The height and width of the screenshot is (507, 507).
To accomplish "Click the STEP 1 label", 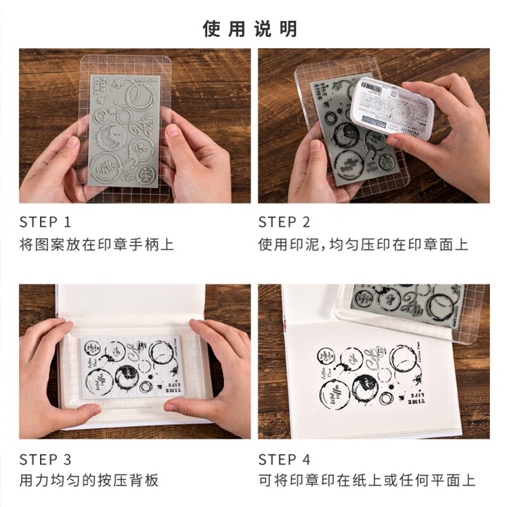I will (x=45, y=222).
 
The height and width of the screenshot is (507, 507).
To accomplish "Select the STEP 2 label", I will (x=284, y=222).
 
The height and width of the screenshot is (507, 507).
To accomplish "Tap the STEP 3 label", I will (x=45, y=459).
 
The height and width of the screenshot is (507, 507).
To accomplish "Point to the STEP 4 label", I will (x=285, y=459).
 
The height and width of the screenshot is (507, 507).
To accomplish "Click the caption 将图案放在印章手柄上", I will (x=96, y=244).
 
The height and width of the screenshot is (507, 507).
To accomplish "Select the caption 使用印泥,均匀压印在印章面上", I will (x=363, y=244).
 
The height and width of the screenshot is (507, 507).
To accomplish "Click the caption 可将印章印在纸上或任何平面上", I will (x=366, y=481).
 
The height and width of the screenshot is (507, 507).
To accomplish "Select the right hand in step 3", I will (x=219, y=374).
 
